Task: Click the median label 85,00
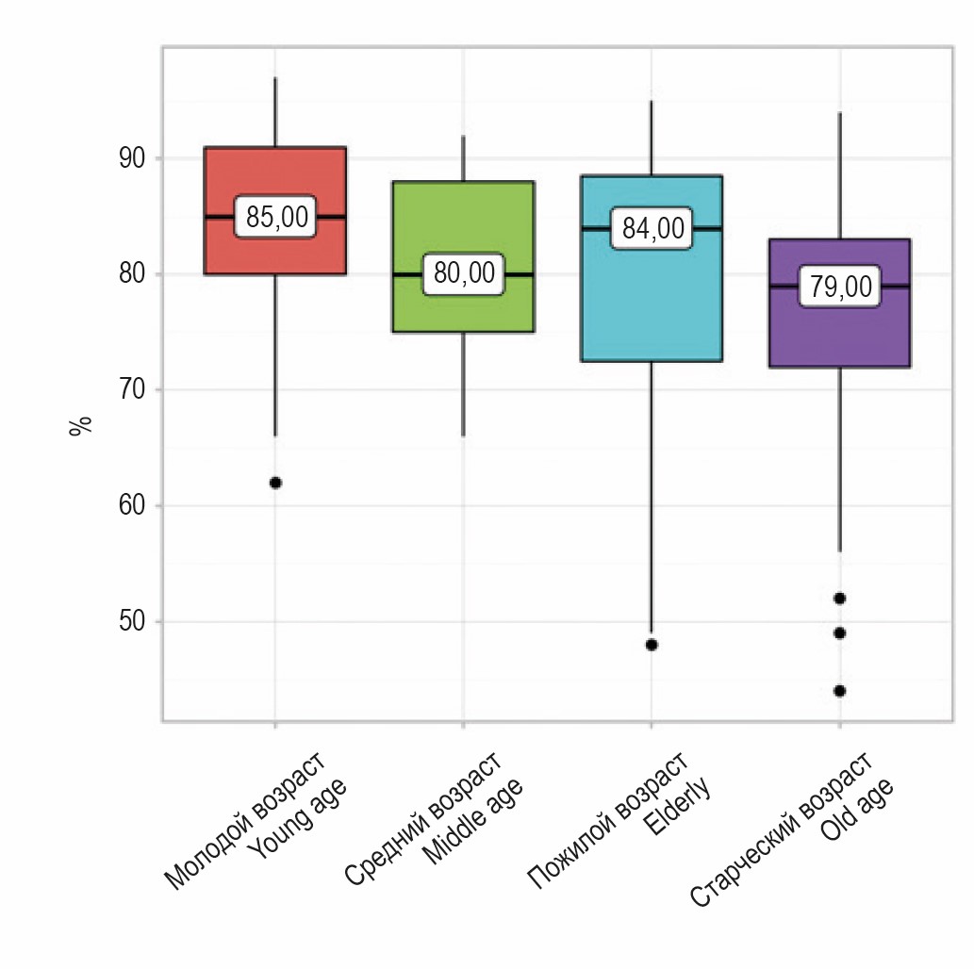[x=275, y=217]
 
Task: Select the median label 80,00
[x=463, y=274]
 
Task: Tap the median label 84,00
[x=652, y=229]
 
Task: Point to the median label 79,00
[x=840, y=287]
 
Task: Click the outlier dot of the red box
[x=275, y=483]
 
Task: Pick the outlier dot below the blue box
[x=652, y=645]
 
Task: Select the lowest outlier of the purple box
[x=839, y=691]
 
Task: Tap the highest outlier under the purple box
[x=839, y=598]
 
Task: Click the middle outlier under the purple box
[x=839, y=632]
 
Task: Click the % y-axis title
[x=81, y=425]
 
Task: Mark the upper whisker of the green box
[x=463, y=157]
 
